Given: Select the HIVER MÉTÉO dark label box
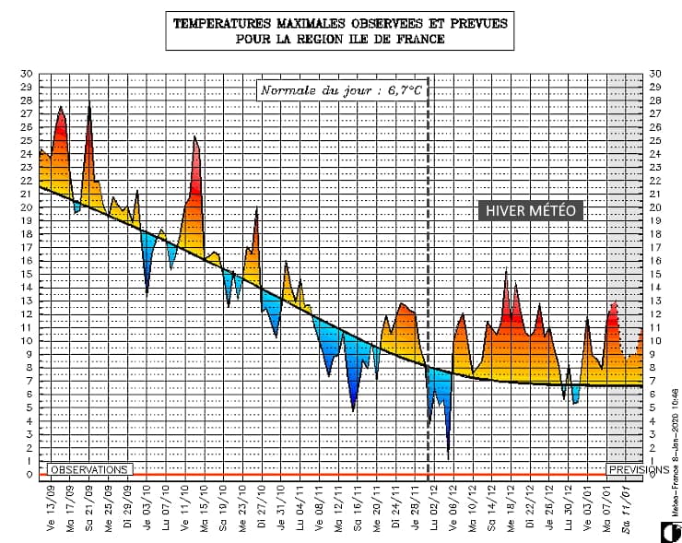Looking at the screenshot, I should (x=531, y=211).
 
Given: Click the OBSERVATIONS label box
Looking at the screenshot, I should (x=88, y=468).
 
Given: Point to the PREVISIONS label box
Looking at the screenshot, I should (x=638, y=468).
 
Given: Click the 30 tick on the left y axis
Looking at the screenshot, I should (x=27, y=74).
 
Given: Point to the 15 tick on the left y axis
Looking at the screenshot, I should (x=27, y=274).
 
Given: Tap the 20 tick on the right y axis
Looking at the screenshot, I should (x=655, y=207).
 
